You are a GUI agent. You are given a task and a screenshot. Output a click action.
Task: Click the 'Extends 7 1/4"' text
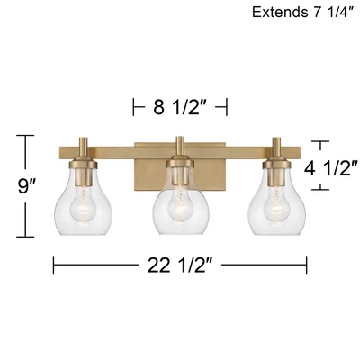click(302, 13)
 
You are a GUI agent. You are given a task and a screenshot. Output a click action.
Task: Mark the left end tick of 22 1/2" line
click(54, 265)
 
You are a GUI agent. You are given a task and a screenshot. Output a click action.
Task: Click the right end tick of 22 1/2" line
click(308, 265)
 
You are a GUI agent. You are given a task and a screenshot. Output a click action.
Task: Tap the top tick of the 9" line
click(25, 137)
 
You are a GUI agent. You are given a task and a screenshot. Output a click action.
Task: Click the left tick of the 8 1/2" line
click(134, 108)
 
